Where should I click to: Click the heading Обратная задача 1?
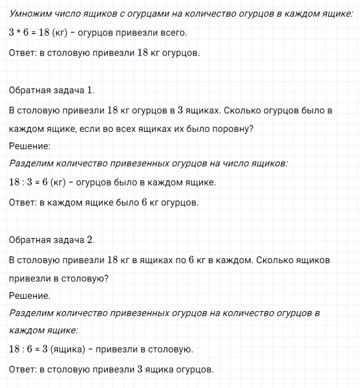click(52, 91)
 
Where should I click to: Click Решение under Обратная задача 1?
click(30, 146)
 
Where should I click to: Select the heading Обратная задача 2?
click(52, 240)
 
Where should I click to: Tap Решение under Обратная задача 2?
click(30, 296)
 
